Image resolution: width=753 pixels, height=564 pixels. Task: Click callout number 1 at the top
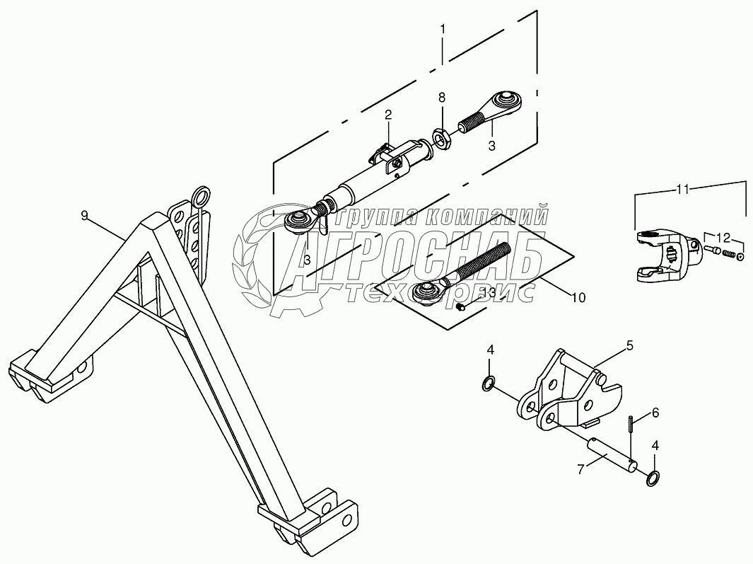[443, 30]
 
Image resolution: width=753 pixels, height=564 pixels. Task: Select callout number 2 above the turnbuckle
[388, 115]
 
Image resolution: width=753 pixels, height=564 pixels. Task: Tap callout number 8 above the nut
[442, 96]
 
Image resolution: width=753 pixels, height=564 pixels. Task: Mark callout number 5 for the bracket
[629, 346]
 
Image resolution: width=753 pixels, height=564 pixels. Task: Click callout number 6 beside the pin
[655, 413]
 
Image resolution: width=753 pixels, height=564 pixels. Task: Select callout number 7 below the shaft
[580, 468]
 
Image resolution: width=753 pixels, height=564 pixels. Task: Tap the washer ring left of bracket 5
[487, 384]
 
